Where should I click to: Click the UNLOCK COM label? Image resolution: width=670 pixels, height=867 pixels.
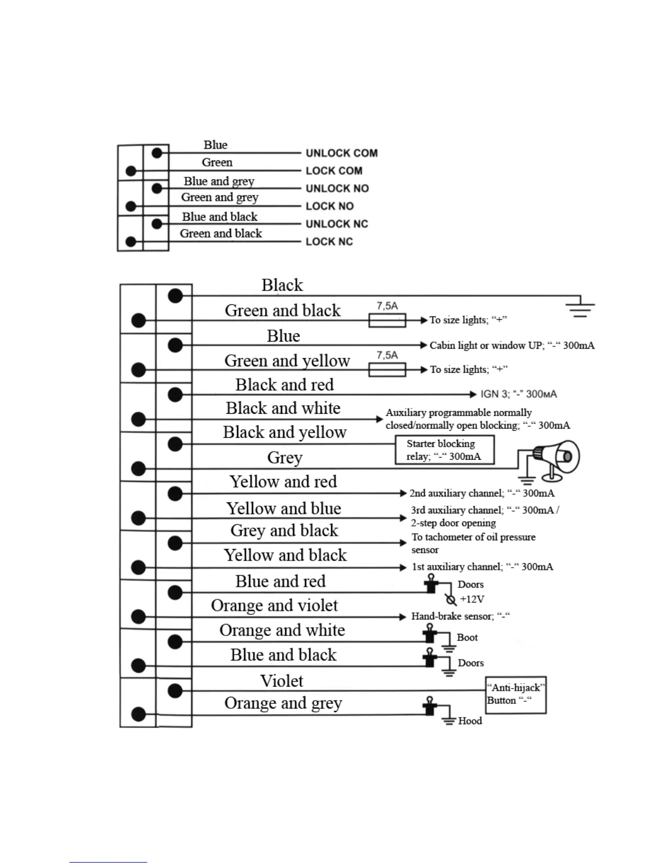(342, 153)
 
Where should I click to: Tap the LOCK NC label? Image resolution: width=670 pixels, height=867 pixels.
(329, 242)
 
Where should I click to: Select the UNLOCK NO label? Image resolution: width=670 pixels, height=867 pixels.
(337, 189)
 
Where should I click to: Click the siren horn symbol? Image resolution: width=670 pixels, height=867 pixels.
(556, 457)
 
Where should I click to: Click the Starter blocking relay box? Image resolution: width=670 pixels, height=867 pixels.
(444, 450)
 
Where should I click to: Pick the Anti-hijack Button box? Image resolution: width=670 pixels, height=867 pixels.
(516, 695)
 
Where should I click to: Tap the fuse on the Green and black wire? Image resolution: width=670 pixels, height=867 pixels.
(387, 320)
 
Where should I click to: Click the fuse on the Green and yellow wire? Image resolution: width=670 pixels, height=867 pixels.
(387, 370)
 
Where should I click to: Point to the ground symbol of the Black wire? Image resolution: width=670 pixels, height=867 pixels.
(580, 307)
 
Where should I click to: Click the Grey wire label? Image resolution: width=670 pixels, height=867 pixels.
(285, 458)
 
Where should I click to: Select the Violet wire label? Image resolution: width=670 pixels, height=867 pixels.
(281, 681)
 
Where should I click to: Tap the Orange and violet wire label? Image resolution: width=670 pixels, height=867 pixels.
(274, 605)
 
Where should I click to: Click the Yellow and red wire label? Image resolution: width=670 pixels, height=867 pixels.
(283, 482)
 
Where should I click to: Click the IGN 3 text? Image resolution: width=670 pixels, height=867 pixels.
(518, 394)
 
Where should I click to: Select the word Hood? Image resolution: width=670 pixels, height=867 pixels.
(470, 721)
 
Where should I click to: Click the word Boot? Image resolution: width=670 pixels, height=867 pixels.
(467, 638)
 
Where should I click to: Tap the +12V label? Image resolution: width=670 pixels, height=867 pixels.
(472, 599)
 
